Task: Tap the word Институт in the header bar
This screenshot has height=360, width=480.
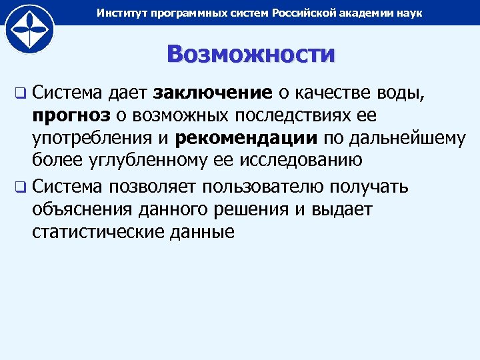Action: (x=117, y=13)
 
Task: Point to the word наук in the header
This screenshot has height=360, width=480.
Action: (x=408, y=13)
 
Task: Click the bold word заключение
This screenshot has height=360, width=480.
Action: (x=212, y=92)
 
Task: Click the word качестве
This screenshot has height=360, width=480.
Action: (x=337, y=92)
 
